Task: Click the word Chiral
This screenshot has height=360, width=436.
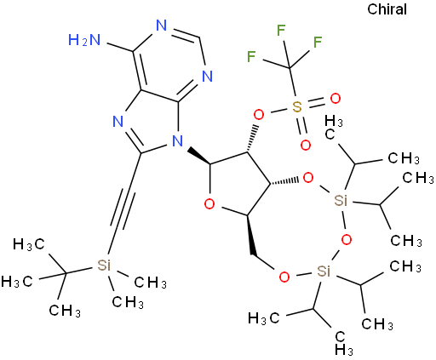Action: (x=387, y=9)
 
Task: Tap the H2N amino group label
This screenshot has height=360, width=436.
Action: (x=84, y=40)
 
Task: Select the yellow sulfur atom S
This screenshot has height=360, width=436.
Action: (x=297, y=107)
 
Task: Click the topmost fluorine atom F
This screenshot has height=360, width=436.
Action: (x=281, y=30)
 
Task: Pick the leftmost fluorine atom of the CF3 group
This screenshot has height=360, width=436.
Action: (x=251, y=56)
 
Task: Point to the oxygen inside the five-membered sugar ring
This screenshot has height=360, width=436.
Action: (x=209, y=203)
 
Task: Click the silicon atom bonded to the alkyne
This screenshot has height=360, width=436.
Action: (x=104, y=265)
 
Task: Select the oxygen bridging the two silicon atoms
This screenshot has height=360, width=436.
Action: (x=346, y=240)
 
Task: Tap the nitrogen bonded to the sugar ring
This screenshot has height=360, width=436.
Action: (x=178, y=140)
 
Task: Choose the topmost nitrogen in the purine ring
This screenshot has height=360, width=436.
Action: (x=161, y=26)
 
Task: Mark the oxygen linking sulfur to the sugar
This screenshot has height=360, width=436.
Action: (x=259, y=116)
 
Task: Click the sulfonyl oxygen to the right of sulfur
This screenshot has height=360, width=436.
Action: (x=335, y=99)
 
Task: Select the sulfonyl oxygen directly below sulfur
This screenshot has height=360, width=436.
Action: (x=306, y=146)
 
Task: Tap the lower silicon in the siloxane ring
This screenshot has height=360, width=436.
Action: (x=324, y=271)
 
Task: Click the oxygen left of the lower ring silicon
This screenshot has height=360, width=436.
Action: (x=284, y=277)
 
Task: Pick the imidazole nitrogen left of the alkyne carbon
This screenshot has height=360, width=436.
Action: (x=118, y=122)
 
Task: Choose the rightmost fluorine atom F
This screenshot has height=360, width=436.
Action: (x=318, y=42)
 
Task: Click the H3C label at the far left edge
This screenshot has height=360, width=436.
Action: (x=17, y=281)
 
